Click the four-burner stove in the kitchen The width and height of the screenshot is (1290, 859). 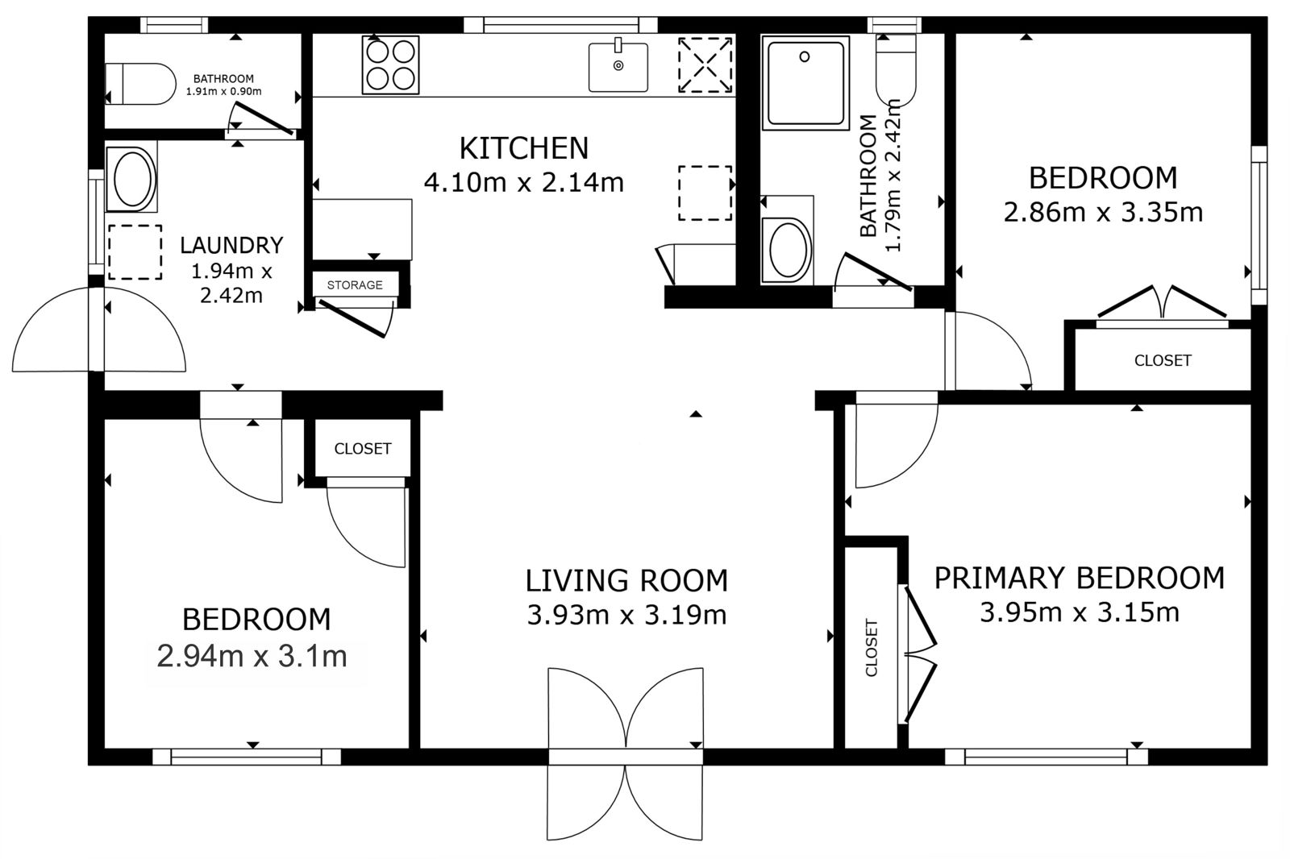tap(390, 64)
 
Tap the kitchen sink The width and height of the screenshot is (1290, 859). tap(618, 65)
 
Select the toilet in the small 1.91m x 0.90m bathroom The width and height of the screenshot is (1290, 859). tap(141, 84)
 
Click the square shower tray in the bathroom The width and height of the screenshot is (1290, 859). tap(805, 82)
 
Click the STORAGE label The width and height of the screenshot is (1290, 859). tap(355, 285)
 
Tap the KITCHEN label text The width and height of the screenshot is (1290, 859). tap(523, 148)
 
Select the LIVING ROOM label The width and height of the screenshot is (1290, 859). tap(626, 580)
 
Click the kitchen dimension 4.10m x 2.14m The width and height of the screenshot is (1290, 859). tap(523, 183)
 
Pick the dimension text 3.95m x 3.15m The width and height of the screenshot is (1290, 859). tap(1080, 612)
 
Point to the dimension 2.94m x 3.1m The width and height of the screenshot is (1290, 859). tap(252, 657)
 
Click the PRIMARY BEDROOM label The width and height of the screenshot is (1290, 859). tap(1080, 578)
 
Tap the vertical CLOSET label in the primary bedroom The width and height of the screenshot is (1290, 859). tap(872, 648)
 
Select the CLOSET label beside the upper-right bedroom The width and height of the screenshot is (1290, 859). tap(1163, 360)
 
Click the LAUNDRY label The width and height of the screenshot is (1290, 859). tap(231, 245)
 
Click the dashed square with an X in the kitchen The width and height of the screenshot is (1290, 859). tap(705, 65)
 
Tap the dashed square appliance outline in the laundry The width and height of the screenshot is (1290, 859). tap(135, 252)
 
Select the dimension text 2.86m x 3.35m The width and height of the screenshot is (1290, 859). tap(1104, 213)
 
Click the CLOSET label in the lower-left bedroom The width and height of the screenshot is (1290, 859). tap(363, 449)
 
